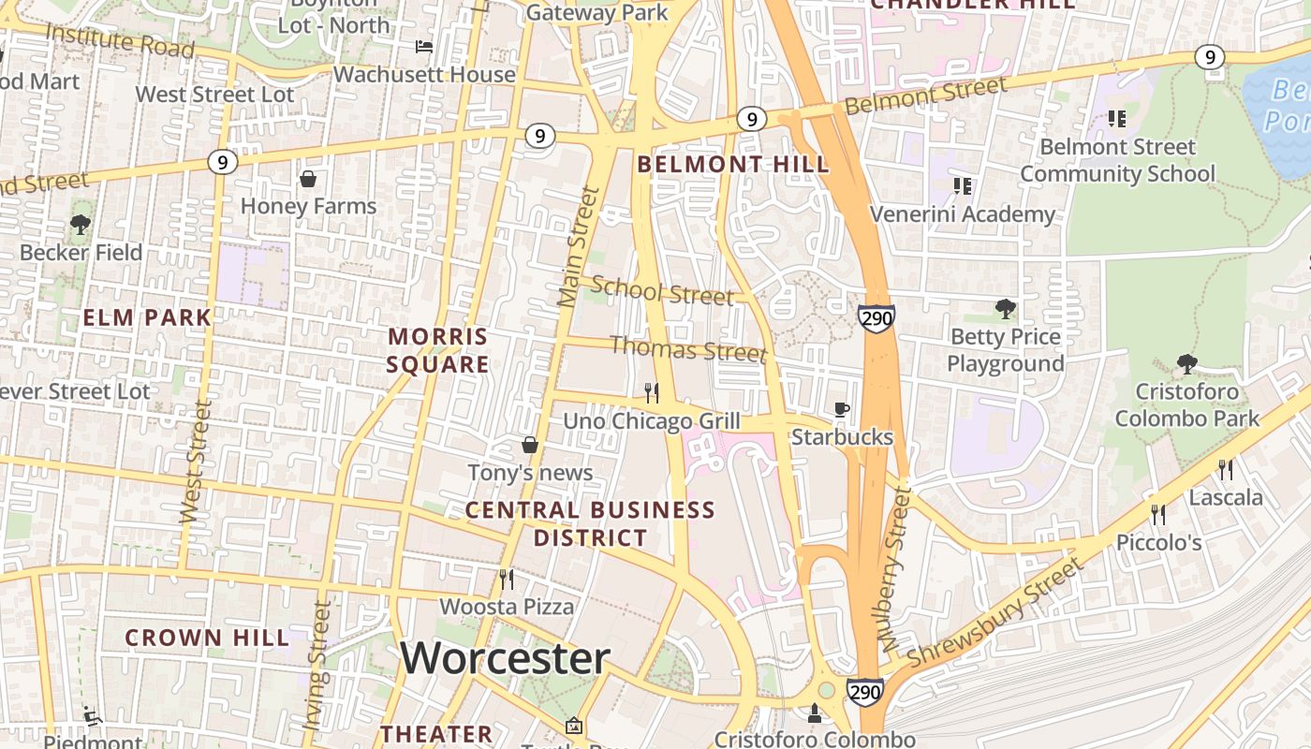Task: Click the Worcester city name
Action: (505, 658)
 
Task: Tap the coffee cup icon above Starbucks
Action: (842, 409)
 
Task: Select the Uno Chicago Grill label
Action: (651, 421)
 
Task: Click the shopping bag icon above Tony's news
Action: (530, 445)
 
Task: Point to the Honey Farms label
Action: (308, 206)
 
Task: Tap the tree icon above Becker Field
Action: (81, 225)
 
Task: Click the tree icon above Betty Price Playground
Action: (1005, 308)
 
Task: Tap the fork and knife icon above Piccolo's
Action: (1158, 514)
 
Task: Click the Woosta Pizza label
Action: (507, 607)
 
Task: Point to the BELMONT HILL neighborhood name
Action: (732, 165)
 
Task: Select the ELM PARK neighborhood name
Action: (147, 317)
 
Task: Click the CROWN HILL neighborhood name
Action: (207, 639)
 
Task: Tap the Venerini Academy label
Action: (962, 214)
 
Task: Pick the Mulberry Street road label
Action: (896, 570)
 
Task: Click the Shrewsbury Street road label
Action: (994, 612)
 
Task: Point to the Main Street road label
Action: (579, 247)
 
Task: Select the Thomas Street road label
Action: (688, 349)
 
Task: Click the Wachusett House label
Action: (424, 74)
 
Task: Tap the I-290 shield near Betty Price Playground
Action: (876, 317)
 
